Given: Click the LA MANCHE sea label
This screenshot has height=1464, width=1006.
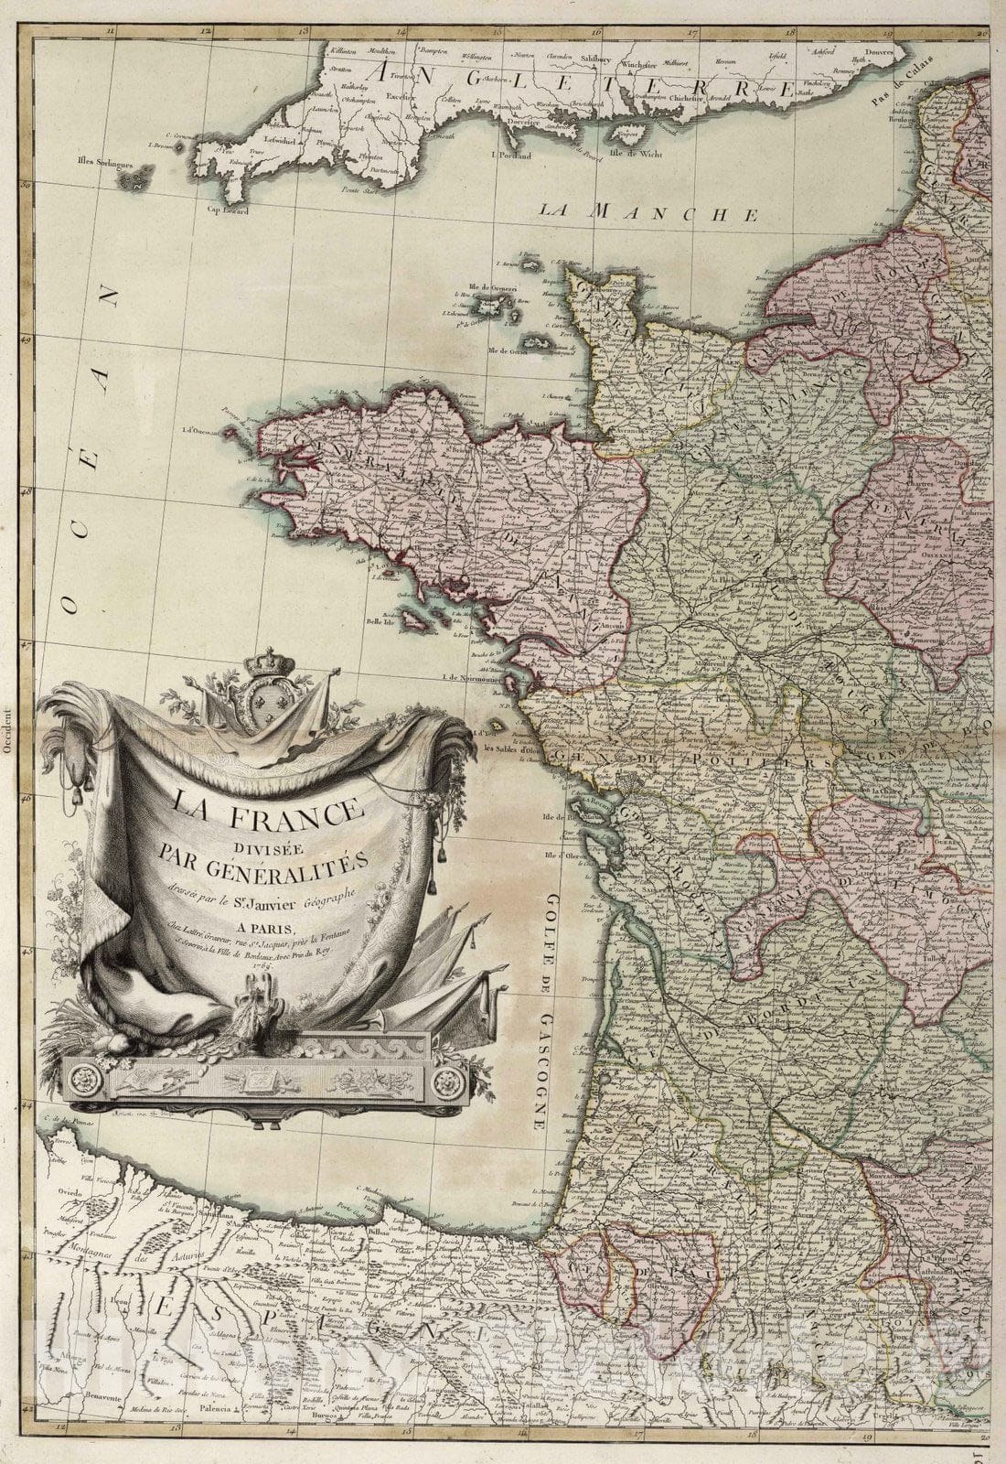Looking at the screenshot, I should coord(648,213).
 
